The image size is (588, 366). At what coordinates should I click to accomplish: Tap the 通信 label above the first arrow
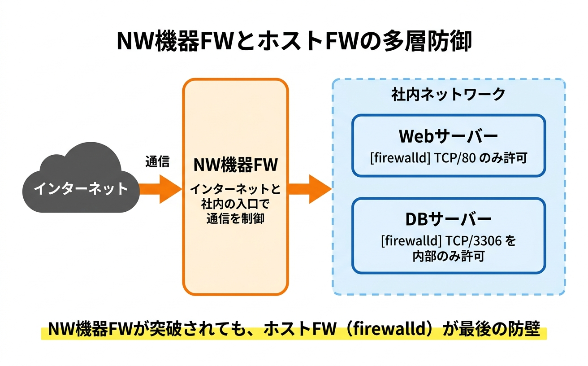click(x=157, y=162)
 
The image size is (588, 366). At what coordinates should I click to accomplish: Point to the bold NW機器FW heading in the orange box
click(x=235, y=165)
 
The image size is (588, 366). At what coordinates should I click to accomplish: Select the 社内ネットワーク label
click(x=448, y=95)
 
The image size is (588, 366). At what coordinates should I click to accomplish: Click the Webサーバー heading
click(x=448, y=136)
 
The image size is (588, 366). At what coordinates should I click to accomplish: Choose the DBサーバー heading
click(x=448, y=219)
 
